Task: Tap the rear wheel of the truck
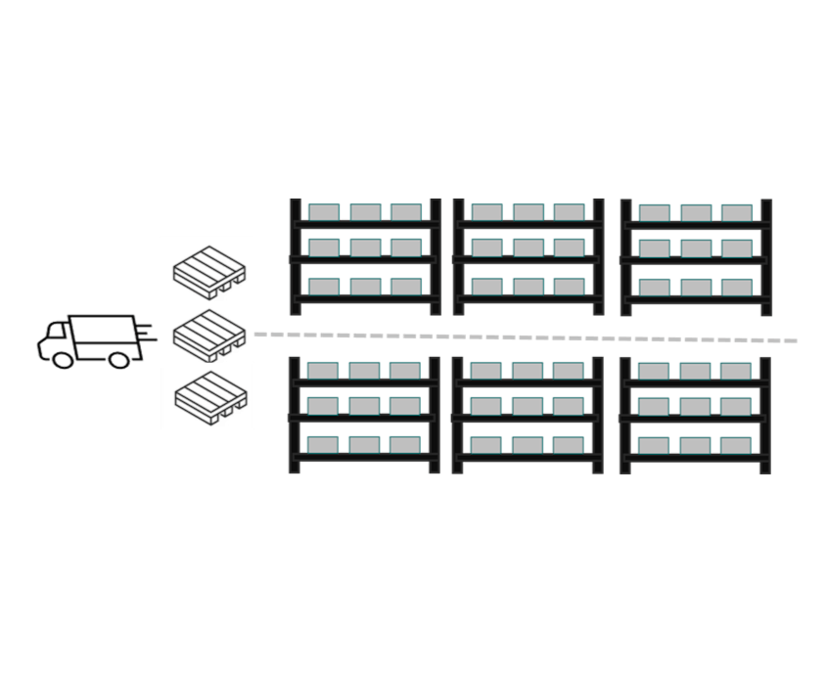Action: [119, 358]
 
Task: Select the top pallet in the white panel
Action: [208, 271]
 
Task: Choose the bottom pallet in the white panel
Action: [208, 395]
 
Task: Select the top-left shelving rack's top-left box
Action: [323, 211]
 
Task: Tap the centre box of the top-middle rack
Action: [528, 248]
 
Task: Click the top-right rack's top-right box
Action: [736, 212]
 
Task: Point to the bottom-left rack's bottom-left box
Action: [323, 444]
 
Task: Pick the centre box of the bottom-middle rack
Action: [527, 406]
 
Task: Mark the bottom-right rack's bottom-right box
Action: [736, 445]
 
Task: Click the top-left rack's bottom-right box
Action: [404, 286]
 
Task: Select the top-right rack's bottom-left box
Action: [654, 287]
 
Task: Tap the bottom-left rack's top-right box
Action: [404, 370]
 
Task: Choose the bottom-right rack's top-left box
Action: [654, 370]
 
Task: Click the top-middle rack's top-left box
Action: [486, 211]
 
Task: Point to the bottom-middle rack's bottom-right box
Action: [568, 444]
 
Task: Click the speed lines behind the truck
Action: [147, 333]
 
